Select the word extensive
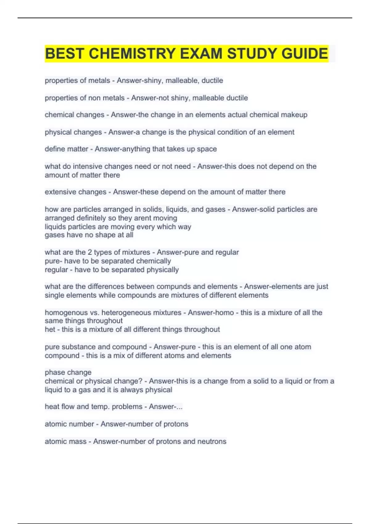(60, 192)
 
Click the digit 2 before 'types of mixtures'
(90, 252)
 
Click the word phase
(54, 372)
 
